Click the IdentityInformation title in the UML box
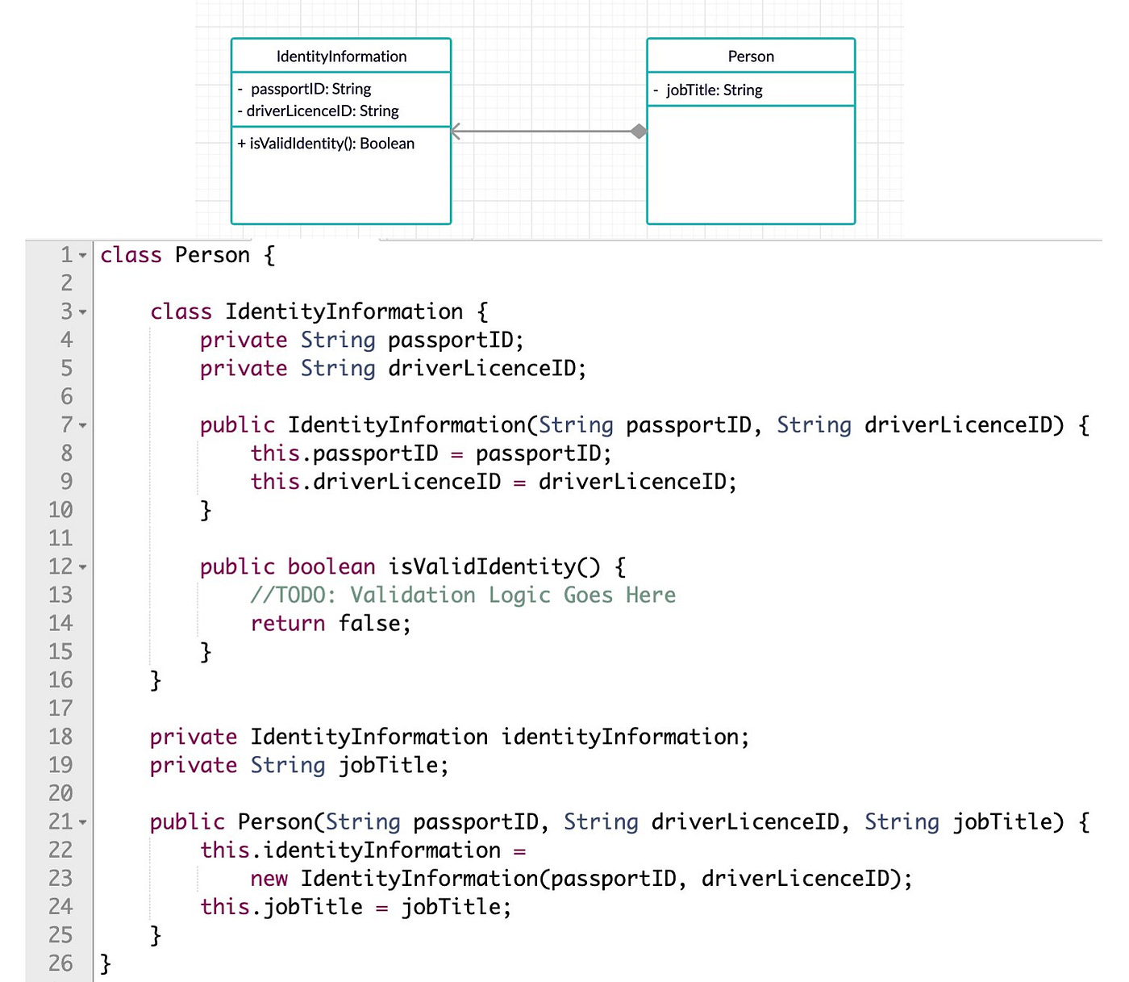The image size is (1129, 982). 341,56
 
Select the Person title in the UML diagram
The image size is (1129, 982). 751,56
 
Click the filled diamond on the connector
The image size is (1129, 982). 639,132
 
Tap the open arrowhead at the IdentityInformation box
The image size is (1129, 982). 456,132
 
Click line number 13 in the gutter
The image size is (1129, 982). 60,595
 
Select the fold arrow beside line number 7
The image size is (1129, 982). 83,425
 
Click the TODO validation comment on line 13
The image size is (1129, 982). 463,595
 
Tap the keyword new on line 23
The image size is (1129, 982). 269,879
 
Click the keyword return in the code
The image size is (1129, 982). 288,624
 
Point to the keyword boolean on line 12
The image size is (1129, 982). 331,567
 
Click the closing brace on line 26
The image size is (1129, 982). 106,963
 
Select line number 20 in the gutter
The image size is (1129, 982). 60,794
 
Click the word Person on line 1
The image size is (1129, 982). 212,256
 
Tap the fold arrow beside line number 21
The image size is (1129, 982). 83,823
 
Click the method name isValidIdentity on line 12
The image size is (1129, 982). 482,567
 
